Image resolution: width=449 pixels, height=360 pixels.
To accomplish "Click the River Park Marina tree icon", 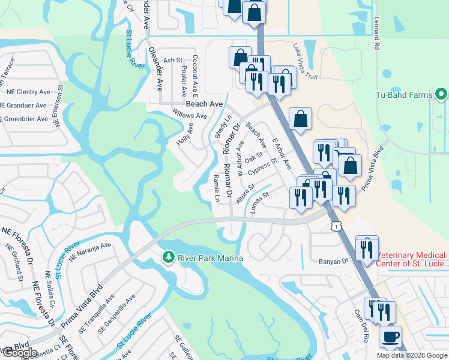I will pos(169,257).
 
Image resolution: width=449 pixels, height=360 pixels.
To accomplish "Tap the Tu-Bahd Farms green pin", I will pos(442,94).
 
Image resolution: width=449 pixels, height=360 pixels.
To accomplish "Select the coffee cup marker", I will pos(391,336).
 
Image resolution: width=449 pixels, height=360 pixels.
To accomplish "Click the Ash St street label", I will pos(172,60).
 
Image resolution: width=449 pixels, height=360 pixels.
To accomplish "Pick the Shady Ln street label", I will pos(219,128).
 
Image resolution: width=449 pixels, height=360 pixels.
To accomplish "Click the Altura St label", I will pos(246,194).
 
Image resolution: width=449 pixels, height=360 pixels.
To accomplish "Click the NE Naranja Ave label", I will pos(90,251).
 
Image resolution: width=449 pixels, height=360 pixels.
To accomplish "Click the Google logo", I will pos(20,353).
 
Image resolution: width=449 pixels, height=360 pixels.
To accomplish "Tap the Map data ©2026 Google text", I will pos(412,355).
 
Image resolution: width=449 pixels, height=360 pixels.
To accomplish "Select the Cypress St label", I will pos(265,164).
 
